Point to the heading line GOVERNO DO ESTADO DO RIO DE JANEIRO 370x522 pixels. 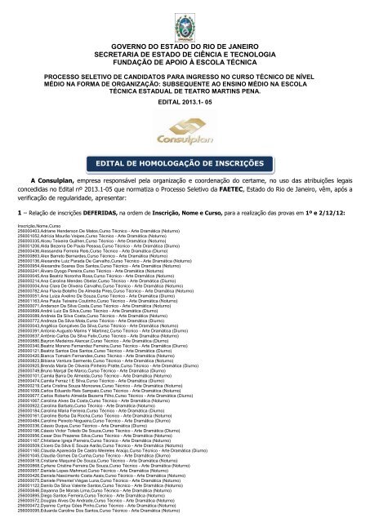[184, 48]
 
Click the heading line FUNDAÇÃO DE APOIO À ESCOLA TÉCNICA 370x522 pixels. [184, 71]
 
